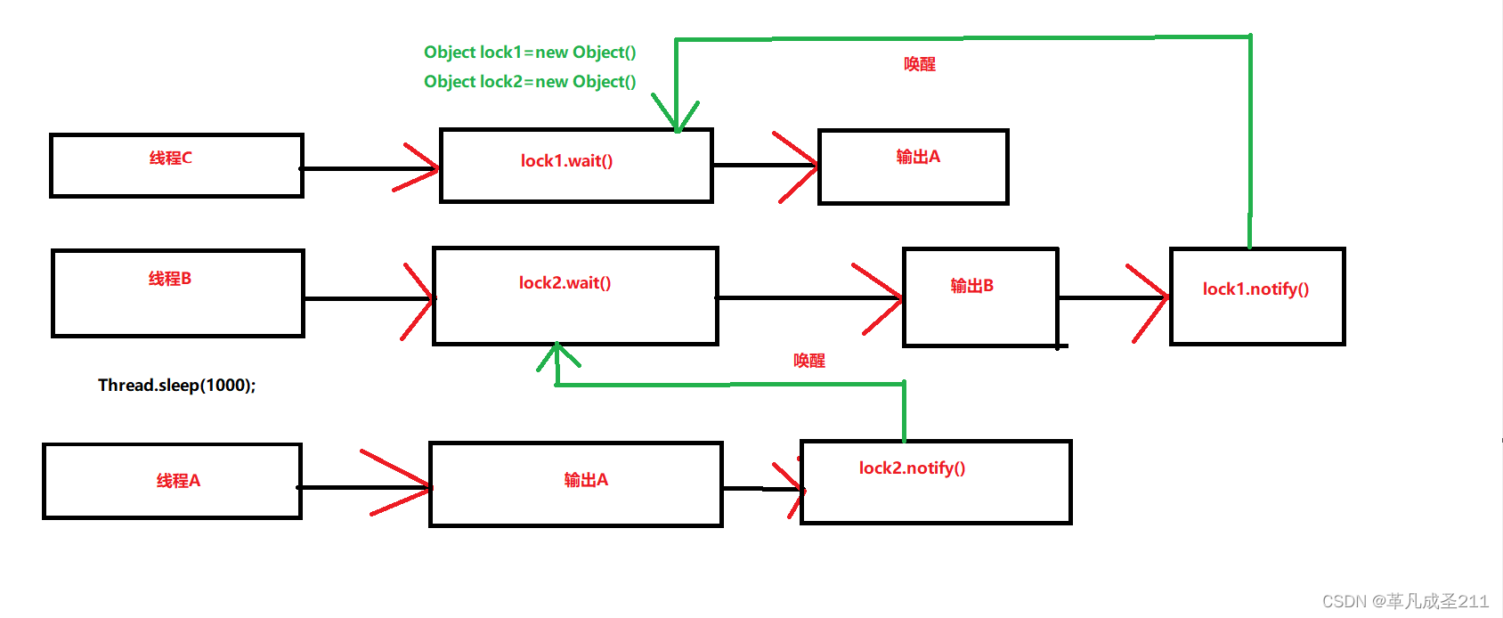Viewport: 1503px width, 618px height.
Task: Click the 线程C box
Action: (x=176, y=166)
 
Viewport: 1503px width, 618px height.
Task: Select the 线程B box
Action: (x=178, y=293)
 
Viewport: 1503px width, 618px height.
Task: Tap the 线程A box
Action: (x=173, y=481)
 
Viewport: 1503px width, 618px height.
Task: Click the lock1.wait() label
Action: (x=566, y=161)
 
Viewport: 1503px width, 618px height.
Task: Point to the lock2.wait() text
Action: (x=565, y=283)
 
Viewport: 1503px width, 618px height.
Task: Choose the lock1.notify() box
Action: (x=1256, y=297)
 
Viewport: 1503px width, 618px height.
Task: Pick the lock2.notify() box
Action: (x=935, y=482)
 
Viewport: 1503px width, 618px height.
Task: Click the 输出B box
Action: (x=980, y=297)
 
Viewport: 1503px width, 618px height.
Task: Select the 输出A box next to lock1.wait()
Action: (x=913, y=167)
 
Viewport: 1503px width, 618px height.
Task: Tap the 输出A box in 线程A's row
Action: (x=575, y=484)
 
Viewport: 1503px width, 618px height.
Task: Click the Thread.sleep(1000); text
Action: (x=176, y=386)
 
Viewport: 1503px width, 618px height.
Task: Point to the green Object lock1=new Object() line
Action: (x=530, y=53)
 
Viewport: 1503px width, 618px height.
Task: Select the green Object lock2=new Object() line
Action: (x=530, y=82)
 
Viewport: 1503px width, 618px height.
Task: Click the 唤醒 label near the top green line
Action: (x=919, y=64)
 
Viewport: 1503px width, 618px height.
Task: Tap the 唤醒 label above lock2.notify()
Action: (x=808, y=361)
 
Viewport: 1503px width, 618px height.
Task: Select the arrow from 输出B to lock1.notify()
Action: (x=1113, y=297)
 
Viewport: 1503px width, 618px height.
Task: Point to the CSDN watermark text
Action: (x=1404, y=601)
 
